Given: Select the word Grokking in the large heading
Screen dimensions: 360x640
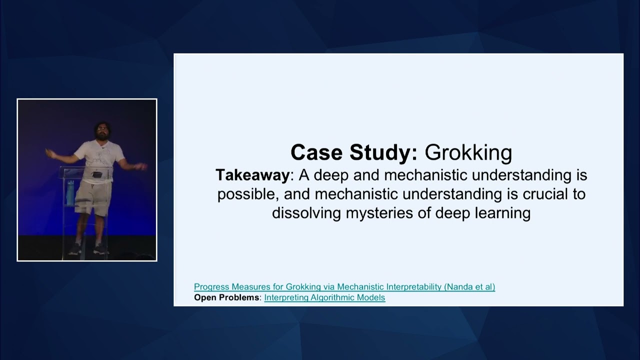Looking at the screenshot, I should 468,153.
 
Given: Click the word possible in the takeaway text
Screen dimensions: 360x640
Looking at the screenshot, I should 249,194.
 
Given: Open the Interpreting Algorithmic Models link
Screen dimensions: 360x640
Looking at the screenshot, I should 324,297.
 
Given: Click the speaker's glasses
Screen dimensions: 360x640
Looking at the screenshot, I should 102,128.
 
